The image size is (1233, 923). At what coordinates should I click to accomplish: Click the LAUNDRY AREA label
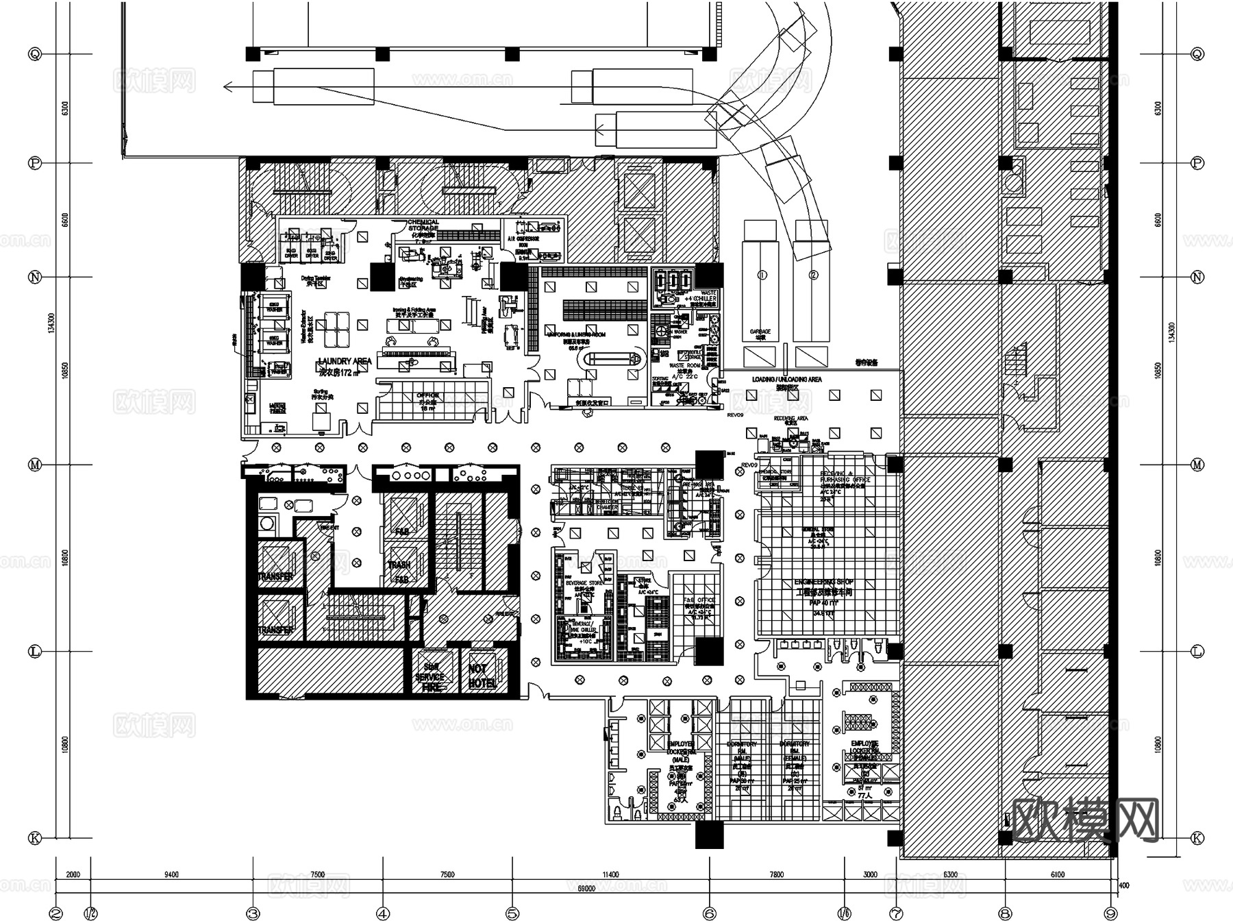(x=345, y=362)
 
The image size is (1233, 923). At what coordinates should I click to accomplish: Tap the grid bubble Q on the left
(x=34, y=54)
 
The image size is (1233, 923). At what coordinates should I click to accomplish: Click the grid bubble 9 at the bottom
(x=1111, y=913)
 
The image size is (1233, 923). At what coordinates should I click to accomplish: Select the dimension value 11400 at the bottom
(x=610, y=875)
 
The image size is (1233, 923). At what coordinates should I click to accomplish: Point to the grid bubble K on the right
(x=1197, y=838)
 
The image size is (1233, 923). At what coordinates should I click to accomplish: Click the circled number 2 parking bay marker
(x=813, y=275)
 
